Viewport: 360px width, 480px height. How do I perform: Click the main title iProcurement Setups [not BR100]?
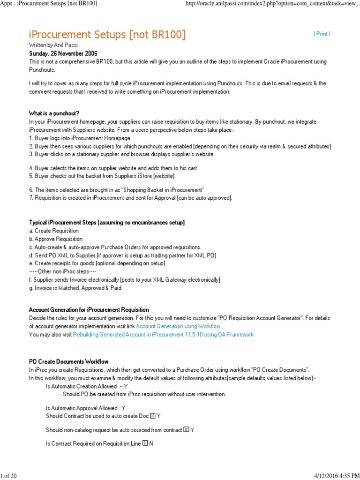(107, 34)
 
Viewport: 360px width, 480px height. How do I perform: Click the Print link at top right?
(322, 34)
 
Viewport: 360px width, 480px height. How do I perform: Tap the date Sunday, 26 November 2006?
(63, 53)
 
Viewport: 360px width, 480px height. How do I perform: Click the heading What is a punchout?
(54, 113)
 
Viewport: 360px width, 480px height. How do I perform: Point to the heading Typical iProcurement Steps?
(107, 223)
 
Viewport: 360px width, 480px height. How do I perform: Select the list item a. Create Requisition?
(54, 231)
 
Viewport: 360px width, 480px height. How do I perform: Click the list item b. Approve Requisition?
(56, 239)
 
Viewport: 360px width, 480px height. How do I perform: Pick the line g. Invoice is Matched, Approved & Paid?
(75, 288)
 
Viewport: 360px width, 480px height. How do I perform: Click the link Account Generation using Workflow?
(178, 326)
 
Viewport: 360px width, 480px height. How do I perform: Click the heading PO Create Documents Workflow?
(69, 361)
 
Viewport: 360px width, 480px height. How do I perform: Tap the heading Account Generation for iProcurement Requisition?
(89, 309)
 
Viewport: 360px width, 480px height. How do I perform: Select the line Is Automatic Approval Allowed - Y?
(85, 408)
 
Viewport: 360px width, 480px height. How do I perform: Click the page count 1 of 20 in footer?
(8, 476)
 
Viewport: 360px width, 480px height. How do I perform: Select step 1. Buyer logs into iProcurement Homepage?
(80, 138)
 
